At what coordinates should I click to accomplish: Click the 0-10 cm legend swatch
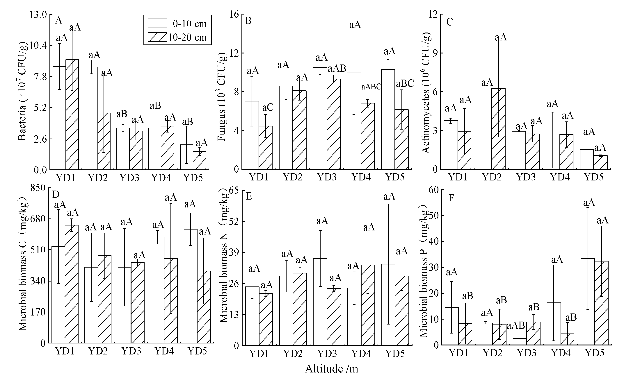pyautogui.click(x=157, y=23)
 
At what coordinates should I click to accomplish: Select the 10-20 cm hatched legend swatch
pyautogui.click(x=157, y=37)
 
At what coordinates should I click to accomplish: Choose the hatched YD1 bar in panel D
pyautogui.click(x=71, y=284)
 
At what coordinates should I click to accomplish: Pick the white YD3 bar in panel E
pyautogui.click(x=320, y=302)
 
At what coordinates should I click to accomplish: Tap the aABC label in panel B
pyautogui.click(x=371, y=87)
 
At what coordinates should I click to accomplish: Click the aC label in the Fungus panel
pyautogui.click(x=268, y=107)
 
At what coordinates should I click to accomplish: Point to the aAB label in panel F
pyautogui.click(x=516, y=325)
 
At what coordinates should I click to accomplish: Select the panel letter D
pyautogui.click(x=56, y=194)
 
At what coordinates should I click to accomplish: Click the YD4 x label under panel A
pyautogui.click(x=161, y=178)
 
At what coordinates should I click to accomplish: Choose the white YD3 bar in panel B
pyautogui.click(x=320, y=118)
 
